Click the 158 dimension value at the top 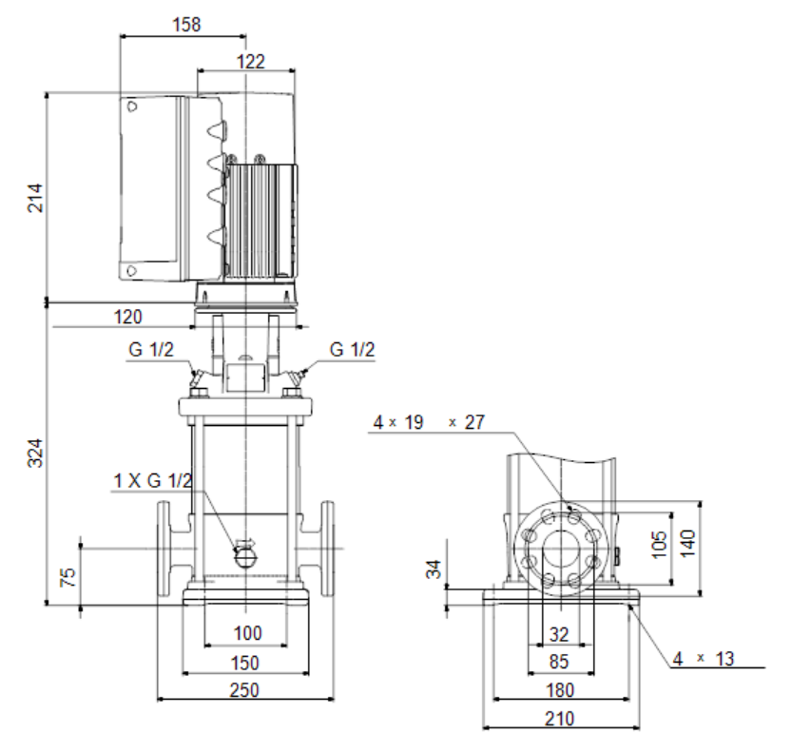(186, 24)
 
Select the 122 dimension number (251, 62)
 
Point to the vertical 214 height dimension (35, 198)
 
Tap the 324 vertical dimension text (35, 453)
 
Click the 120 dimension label (127, 318)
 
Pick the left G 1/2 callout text (151, 350)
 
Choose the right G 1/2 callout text (352, 350)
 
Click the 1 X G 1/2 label (153, 480)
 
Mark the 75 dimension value (68, 577)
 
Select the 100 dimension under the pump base (247, 633)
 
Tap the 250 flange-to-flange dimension (244, 690)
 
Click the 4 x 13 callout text (704, 659)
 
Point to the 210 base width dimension (560, 719)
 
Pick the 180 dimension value (560, 690)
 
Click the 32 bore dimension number (559, 634)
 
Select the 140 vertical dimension (688, 544)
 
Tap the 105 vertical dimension (660, 545)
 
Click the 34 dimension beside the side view (434, 569)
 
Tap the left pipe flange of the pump (164, 549)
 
